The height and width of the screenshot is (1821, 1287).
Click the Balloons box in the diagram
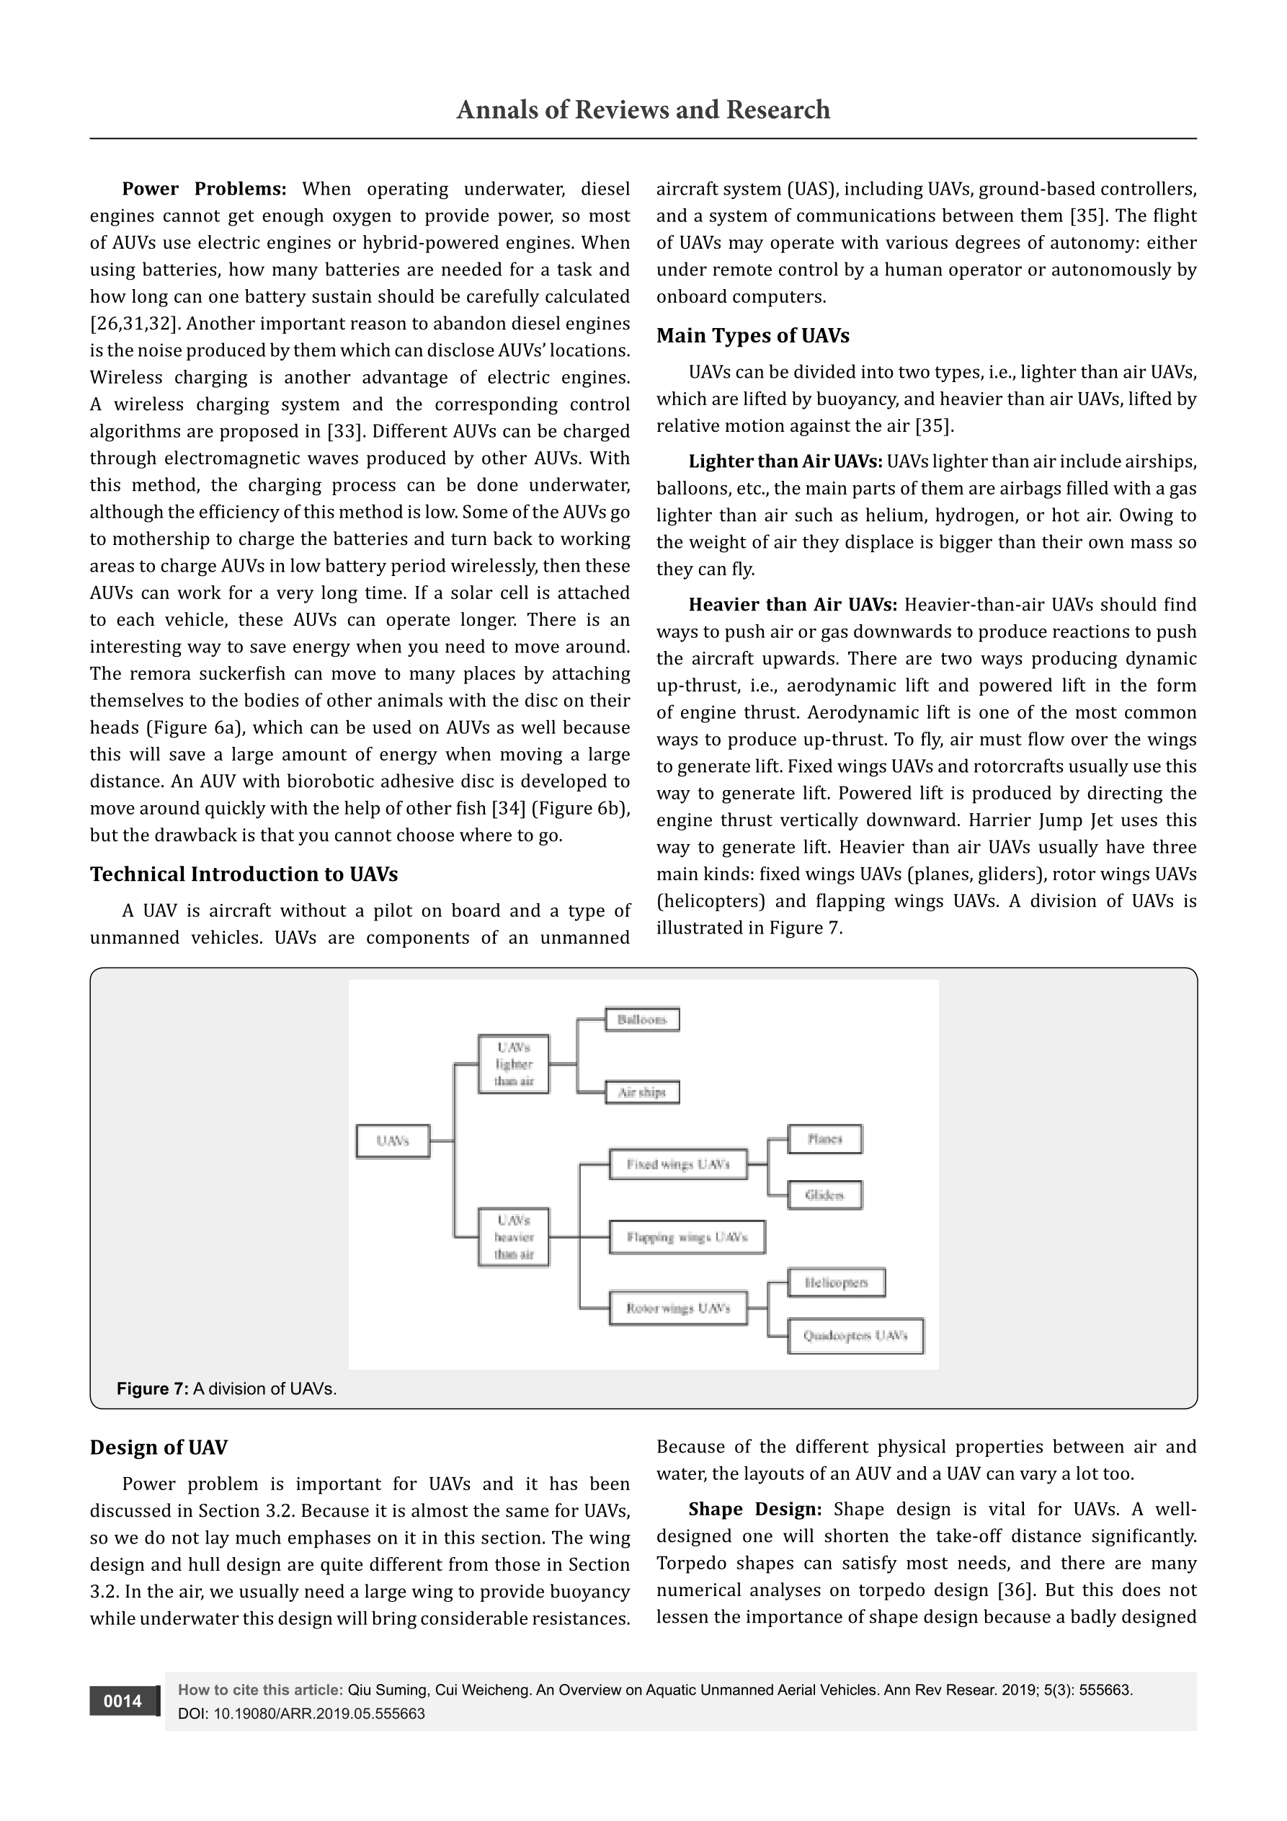[x=641, y=1019]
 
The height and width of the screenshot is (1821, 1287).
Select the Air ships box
[x=641, y=1092]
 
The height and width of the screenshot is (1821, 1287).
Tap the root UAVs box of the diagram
[x=393, y=1141]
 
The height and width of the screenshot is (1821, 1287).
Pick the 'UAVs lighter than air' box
[x=514, y=1064]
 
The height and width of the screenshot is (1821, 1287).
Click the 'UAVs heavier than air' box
[x=514, y=1236]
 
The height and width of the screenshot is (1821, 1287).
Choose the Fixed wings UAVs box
[x=678, y=1164]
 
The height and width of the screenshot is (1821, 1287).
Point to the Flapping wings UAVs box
[x=687, y=1237]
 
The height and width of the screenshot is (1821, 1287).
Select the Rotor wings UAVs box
[x=678, y=1308]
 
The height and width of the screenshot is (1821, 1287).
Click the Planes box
[x=824, y=1139]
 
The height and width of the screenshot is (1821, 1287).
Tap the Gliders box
[x=824, y=1195]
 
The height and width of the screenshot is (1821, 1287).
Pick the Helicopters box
[x=836, y=1282]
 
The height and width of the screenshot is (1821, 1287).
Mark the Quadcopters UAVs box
[x=855, y=1336]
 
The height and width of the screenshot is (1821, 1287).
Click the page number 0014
[x=123, y=1701]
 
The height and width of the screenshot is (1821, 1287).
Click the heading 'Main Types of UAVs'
[x=752, y=335]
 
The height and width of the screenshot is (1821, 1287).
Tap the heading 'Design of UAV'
[x=159, y=1448]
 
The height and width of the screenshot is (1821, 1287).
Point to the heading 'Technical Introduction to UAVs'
[x=244, y=874]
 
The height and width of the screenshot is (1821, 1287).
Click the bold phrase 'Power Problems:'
[x=204, y=189]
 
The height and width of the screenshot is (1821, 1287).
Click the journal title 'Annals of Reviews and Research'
[x=643, y=110]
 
